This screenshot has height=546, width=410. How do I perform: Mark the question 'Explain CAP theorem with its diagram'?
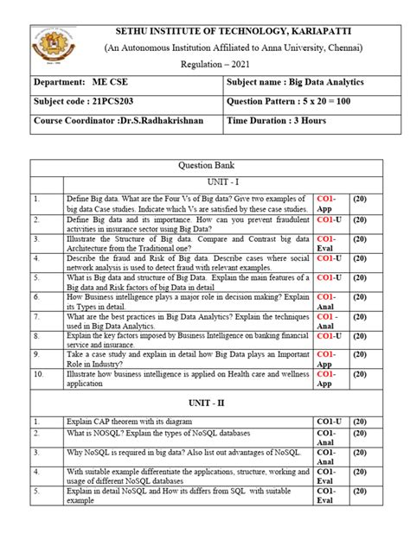coord(132,422)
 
